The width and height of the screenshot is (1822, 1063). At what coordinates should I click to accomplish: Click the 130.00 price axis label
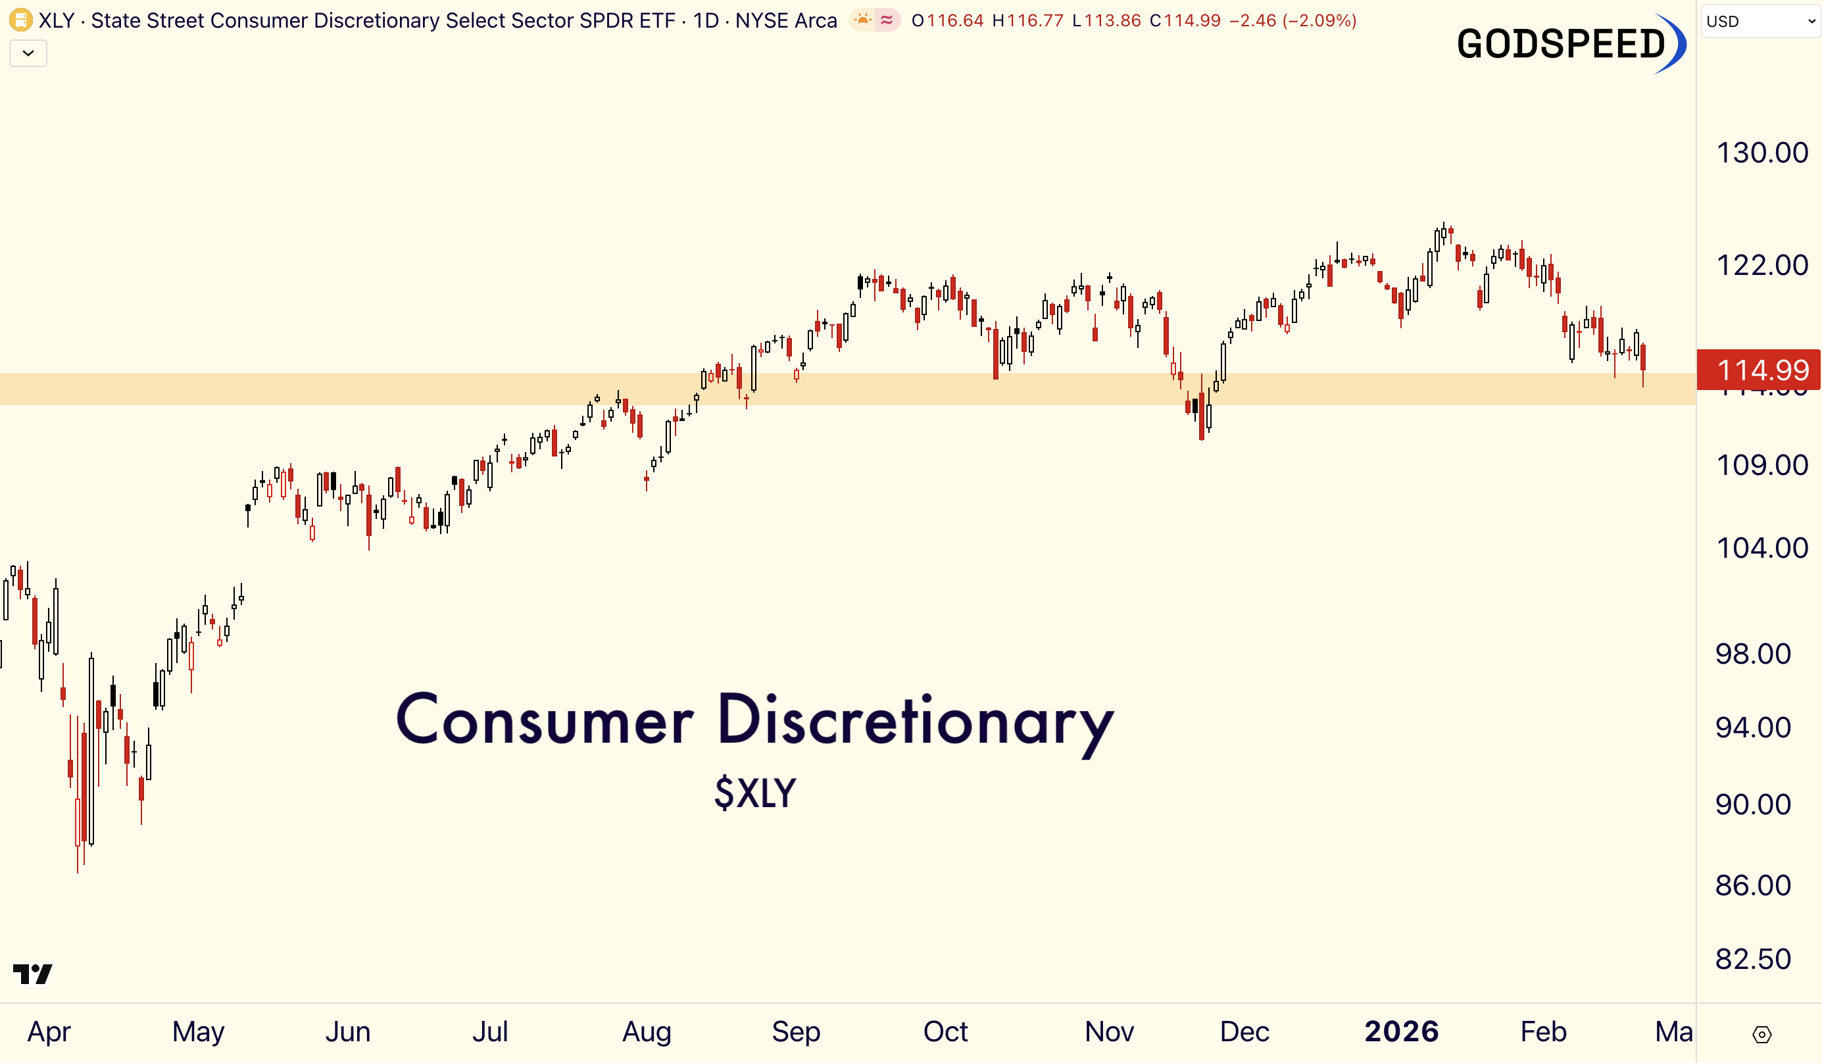coord(1761,153)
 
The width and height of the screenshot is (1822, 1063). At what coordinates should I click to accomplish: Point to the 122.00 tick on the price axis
coord(1761,265)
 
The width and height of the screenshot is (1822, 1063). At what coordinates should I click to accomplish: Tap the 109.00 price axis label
coord(1761,465)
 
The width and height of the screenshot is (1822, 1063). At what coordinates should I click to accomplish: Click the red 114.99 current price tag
coord(1761,370)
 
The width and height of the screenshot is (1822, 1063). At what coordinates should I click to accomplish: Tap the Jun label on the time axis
coord(347,1031)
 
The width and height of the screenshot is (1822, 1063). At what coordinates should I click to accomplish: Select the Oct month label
coord(945,1031)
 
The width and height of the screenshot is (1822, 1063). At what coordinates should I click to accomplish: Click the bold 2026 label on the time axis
coord(1401,1031)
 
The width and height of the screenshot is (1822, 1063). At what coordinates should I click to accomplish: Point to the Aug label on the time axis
coord(647,1031)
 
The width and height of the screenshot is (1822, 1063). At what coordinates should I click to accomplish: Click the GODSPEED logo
coord(1569,43)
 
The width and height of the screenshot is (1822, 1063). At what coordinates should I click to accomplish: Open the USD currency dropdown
coord(1760,21)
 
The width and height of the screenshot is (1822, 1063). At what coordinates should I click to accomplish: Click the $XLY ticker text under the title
coord(755,793)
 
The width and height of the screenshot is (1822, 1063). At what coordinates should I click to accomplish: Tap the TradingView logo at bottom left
coord(32,974)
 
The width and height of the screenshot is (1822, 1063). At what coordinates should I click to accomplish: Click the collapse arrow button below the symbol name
coord(28,53)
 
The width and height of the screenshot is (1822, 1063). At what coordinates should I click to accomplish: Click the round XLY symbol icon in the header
coord(20,20)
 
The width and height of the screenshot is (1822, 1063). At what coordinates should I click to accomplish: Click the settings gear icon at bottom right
coord(1761,1035)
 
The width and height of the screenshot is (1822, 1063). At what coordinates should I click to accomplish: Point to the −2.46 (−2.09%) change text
coord(1292,20)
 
